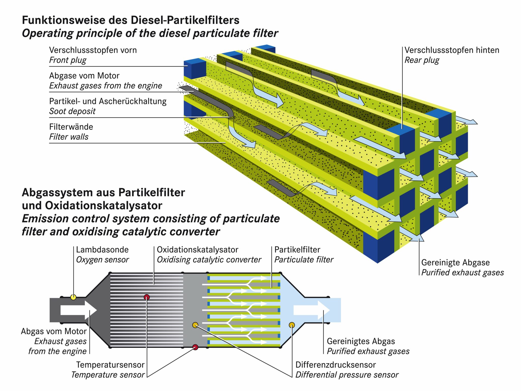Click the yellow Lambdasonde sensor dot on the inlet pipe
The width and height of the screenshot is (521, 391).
[73, 297]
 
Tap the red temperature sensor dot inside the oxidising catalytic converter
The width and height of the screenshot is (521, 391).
[147, 297]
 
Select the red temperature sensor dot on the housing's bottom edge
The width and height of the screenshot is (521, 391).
[195, 347]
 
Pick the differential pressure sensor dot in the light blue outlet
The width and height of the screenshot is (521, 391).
[292, 325]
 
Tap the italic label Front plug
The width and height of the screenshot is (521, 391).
[68, 60]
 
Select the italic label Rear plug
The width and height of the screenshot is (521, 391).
[422, 60]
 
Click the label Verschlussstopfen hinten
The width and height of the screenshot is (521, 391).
[452, 50]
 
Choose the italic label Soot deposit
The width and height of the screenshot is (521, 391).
[72, 111]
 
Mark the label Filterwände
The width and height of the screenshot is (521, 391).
[71, 127]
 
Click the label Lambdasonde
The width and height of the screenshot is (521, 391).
[102, 250]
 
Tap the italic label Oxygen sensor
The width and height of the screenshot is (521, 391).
[102, 260]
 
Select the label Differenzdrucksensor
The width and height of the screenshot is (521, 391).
[336, 365]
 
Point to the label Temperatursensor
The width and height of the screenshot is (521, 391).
[110, 365]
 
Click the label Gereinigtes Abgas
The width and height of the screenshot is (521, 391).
[361, 341]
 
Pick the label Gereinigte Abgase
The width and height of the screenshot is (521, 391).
[455, 262]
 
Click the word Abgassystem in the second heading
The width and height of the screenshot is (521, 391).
[57, 193]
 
